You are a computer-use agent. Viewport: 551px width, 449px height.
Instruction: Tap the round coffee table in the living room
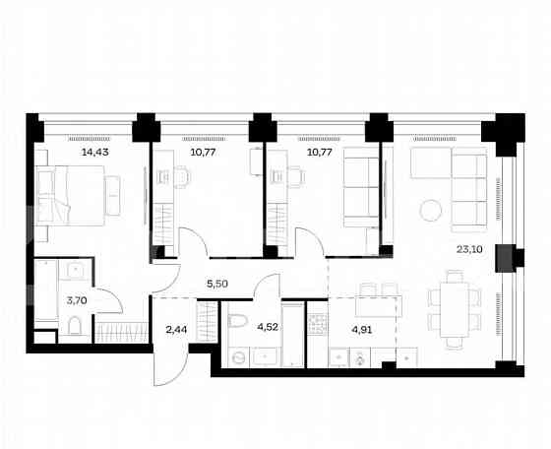click(430, 210)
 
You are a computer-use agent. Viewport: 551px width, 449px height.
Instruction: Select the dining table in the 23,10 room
click(452, 308)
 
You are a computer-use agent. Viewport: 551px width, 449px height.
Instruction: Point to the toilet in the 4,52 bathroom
click(236, 322)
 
